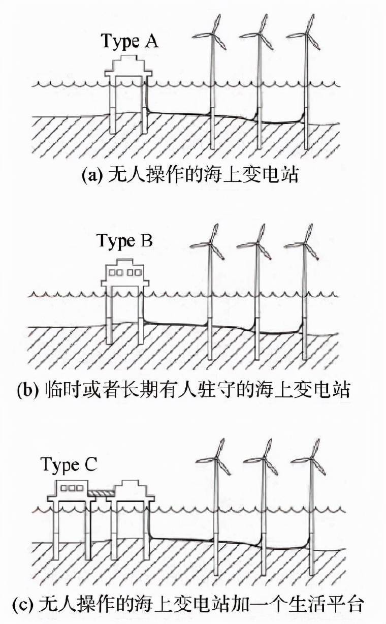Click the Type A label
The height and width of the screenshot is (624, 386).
click(x=130, y=41)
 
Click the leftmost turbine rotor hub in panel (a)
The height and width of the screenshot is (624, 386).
click(x=213, y=34)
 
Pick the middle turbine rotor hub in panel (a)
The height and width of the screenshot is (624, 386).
click(x=260, y=34)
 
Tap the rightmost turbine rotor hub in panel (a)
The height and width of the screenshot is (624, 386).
click(x=307, y=34)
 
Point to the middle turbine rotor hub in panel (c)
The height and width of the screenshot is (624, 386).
click(x=264, y=458)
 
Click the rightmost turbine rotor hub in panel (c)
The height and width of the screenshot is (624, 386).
click(x=311, y=458)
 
